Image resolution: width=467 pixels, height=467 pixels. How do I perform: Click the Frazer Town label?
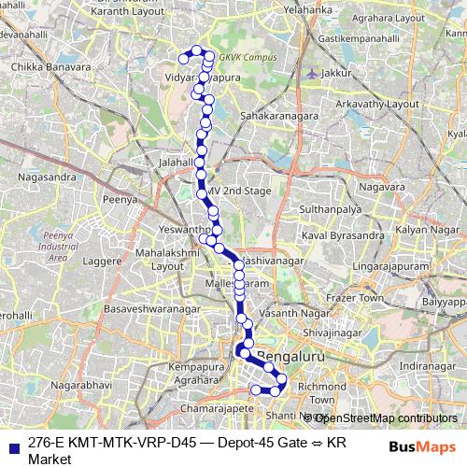pyautogui.click(x=360, y=297)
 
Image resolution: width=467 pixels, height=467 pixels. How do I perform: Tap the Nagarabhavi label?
pyautogui.click(x=82, y=384)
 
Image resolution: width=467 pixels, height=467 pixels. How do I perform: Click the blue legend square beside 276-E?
pyautogui.click(x=12, y=445)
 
